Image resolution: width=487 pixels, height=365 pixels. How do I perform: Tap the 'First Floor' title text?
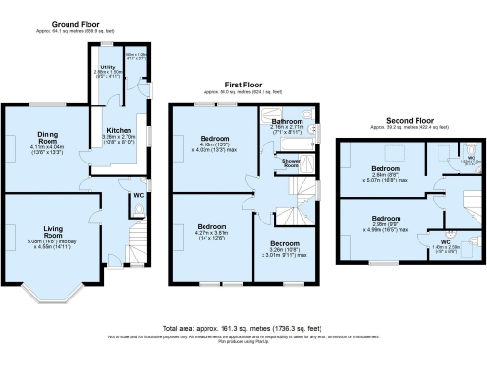tap(243, 84)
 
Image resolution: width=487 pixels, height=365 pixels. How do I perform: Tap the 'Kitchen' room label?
tap(120, 129)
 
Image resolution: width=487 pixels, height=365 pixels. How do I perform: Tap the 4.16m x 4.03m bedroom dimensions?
tap(213, 145)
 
